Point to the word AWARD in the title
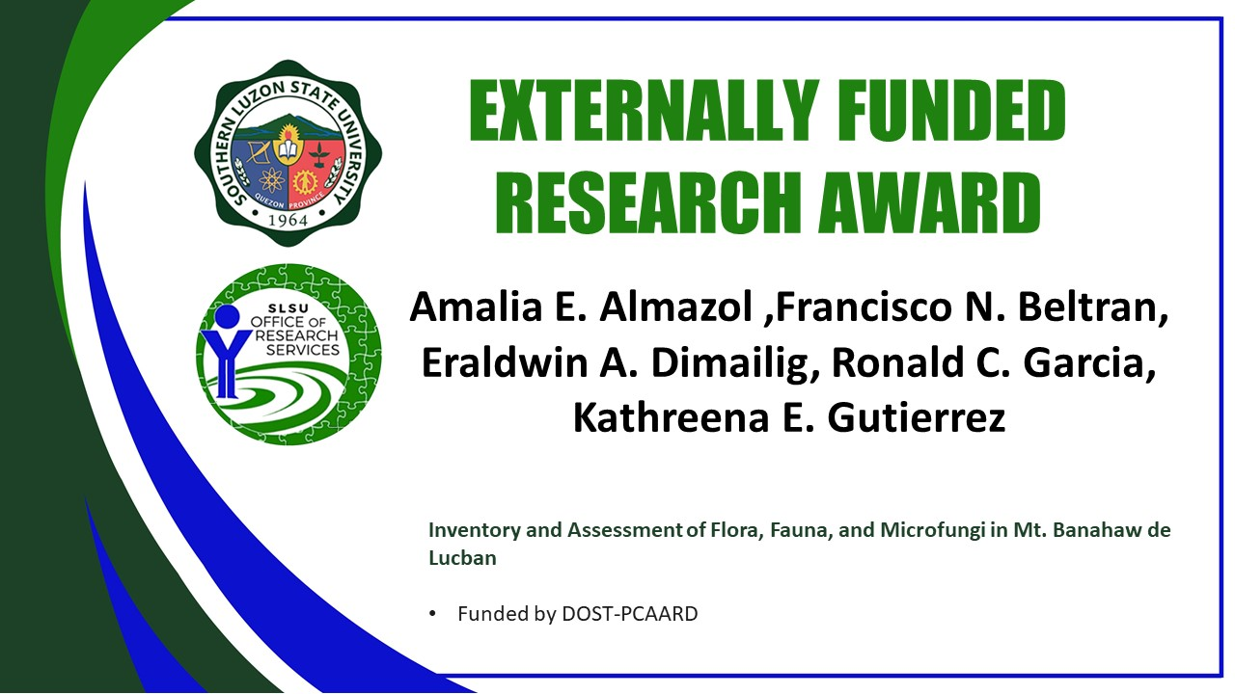point(929,202)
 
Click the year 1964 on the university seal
point(288,221)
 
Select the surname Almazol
point(676,307)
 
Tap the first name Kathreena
point(671,417)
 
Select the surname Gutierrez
point(917,417)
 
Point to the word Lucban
point(462,558)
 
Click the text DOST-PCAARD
point(630,614)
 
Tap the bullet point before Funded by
point(432,614)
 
